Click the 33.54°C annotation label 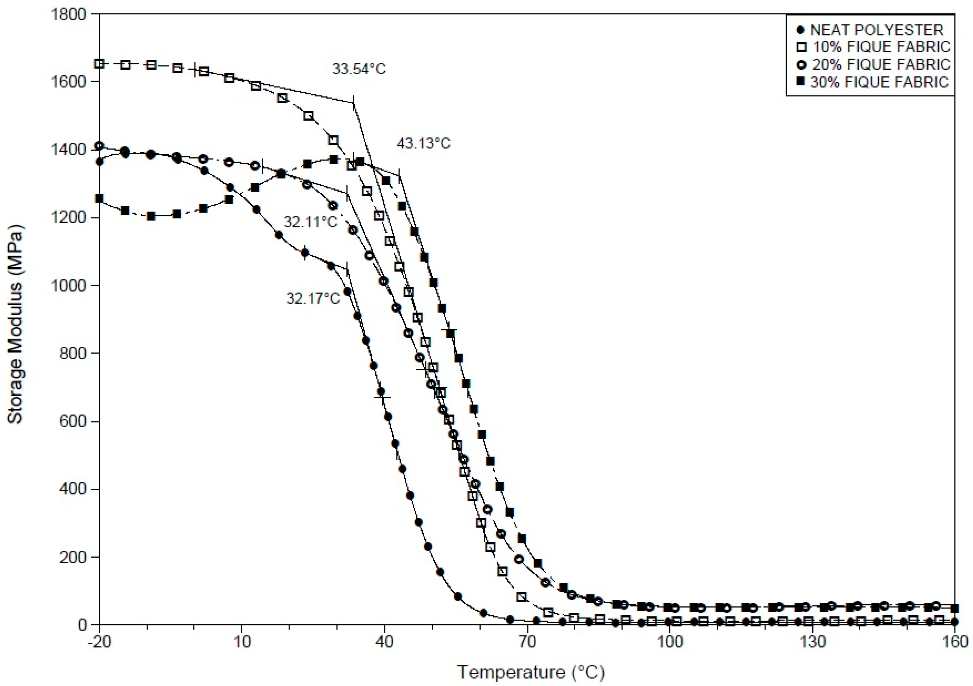coord(359,69)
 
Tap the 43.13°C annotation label coord(423,144)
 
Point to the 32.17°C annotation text coord(313,298)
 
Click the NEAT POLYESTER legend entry coord(876,30)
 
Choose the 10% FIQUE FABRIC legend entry coord(881,47)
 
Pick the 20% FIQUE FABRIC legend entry coord(881,64)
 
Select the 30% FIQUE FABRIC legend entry coord(879,82)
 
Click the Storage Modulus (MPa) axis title coord(15,324)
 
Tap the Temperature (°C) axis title coord(531,672)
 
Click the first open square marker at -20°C coord(99,64)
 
